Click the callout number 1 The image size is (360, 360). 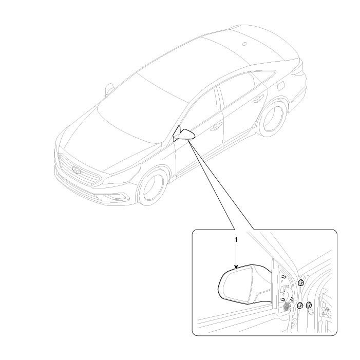(236, 239)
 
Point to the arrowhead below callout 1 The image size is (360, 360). (236, 267)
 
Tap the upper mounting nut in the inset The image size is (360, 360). (301, 283)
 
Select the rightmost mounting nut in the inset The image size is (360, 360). (309, 305)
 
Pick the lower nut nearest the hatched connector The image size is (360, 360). (300, 306)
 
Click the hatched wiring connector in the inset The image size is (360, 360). (287, 306)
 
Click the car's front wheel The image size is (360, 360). (153, 186)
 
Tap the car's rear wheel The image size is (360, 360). (272, 118)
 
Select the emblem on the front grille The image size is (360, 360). (77, 170)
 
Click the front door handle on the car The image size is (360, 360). (216, 126)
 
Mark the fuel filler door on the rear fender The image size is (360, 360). (281, 86)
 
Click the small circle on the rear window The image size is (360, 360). (244, 44)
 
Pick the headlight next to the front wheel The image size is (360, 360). (122, 175)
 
